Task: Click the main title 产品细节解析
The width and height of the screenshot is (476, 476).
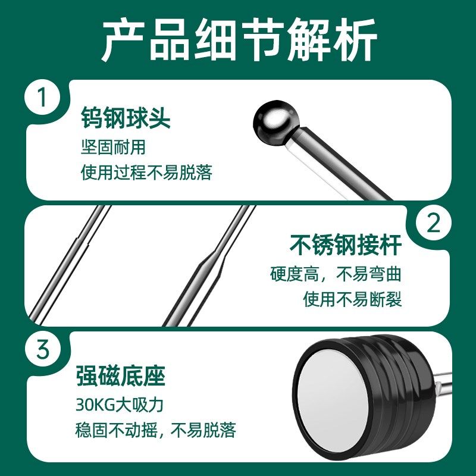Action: click(238, 40)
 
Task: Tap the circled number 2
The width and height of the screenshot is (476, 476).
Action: click(434, 224)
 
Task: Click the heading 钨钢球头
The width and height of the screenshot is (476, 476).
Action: click(126, 119)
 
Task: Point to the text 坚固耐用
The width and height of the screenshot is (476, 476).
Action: click(113, 147)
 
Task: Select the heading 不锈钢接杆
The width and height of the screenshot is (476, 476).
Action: click(346, 245)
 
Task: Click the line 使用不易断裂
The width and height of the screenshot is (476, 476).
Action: click(352, 299)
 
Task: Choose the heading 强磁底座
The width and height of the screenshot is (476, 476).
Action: click(120, 376)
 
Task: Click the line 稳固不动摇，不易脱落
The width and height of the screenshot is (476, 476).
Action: click(156, 430)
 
